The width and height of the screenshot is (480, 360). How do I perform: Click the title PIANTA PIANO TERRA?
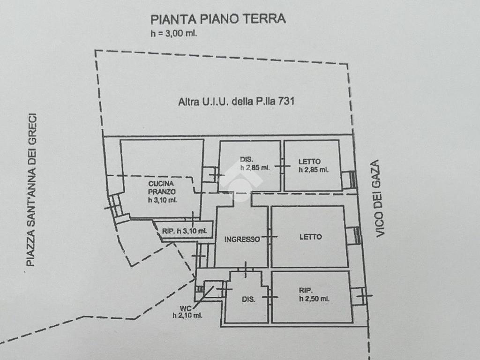point(218,19)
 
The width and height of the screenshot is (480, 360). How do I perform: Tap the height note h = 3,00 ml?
point(173,33)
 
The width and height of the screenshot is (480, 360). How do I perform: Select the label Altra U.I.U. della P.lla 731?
point(236,101)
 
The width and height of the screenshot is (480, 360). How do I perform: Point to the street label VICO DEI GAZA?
point(379,198)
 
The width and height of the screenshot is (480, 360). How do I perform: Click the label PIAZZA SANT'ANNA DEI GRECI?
point(31,190)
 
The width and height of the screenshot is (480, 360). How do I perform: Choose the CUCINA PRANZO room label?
point(162,187)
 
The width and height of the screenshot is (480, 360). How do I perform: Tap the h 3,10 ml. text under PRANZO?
point(162,200)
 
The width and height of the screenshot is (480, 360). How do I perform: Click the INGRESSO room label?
point(242,240)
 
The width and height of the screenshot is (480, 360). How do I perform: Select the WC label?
point(186,309)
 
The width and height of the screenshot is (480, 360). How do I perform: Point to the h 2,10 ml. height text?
point(187,315)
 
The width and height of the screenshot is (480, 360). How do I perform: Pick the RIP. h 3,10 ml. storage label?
point(185,231)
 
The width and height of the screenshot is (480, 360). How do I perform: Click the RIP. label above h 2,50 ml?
point(306,291)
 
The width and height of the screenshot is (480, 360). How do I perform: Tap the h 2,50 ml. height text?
point(314,299)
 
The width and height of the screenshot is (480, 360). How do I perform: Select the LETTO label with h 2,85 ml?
point(309,162)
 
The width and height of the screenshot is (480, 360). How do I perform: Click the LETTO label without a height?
point(310,237)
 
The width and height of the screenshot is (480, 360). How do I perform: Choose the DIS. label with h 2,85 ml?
point(247,159)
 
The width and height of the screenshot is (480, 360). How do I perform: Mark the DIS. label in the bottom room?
point(248,299)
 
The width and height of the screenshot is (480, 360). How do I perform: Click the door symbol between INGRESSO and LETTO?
point(270,236)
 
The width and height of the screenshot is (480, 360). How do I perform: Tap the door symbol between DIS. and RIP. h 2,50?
point(270,297)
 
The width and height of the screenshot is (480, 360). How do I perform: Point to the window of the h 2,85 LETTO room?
point(349,180)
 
